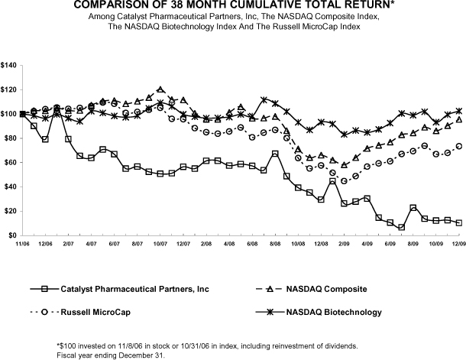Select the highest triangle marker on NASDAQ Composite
pyautogui.click(x=160, y=89)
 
